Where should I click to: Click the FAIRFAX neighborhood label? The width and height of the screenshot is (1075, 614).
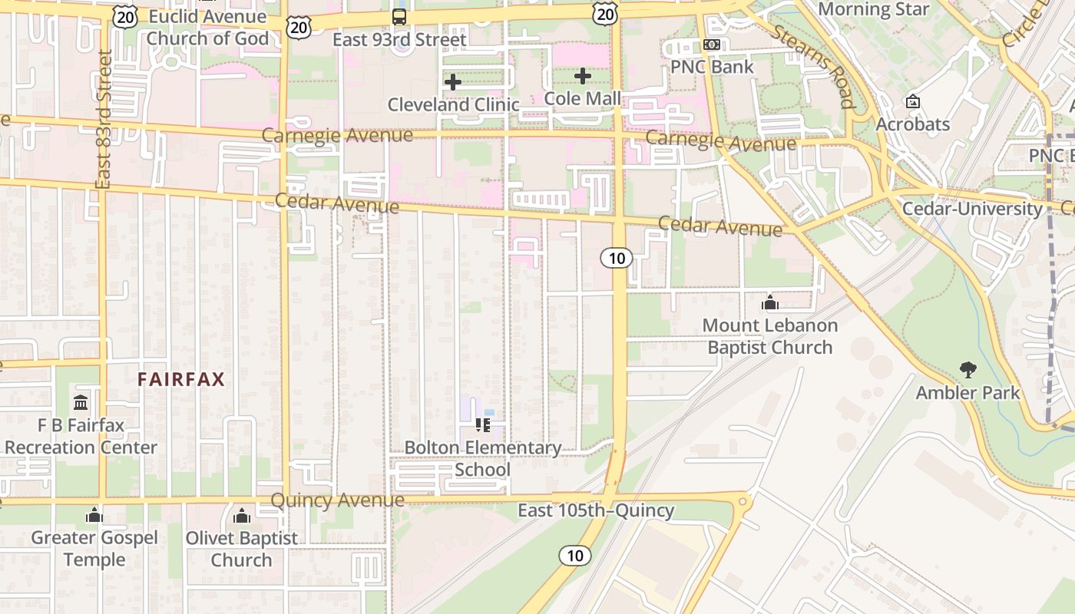tap(181, 379)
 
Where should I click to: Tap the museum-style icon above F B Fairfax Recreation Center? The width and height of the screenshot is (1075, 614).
tap(81, 402)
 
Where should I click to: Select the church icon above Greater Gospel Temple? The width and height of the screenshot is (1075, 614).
tap(94, 515)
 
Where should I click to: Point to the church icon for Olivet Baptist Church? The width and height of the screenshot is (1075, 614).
tap(242, 515)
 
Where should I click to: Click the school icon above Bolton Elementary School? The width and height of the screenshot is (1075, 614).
tap(482, 424)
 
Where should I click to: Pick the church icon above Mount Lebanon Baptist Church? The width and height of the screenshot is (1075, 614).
tap(769, 302)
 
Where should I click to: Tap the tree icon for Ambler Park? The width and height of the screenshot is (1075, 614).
tap(968, 370)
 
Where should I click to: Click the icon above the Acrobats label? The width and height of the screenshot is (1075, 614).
tap(913, 101)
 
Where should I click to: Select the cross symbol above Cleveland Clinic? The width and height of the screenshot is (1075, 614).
tap(453, 81)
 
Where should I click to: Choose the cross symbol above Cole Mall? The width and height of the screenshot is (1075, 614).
tap(583, 76)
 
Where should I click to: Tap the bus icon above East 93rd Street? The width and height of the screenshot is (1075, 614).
tap(399, 16)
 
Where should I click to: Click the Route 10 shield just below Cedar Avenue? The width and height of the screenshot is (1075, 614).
tap(617, 258)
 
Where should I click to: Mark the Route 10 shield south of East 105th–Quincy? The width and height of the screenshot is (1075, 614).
tap(575, 556)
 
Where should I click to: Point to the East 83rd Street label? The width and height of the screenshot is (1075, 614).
tap(104, 119)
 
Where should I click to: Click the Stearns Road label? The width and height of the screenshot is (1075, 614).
tap(812, 66)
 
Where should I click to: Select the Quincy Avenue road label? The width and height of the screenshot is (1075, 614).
tap(337, 500)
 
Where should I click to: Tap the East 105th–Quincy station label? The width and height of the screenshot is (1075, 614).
tap(595, 510)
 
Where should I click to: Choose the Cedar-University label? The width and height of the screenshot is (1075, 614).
tap(972, 209)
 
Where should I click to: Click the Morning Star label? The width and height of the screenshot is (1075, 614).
tap(874, 9)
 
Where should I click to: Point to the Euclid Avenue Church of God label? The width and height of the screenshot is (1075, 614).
tap(207, 28)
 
